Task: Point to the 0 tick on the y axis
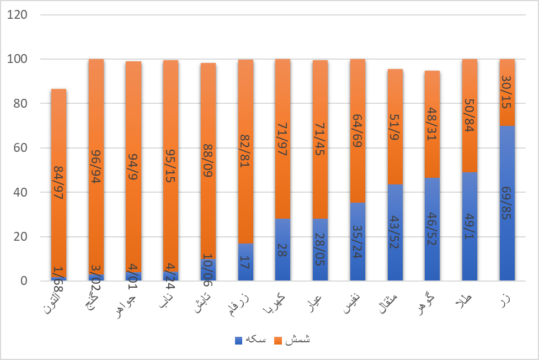tap(24, 281)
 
